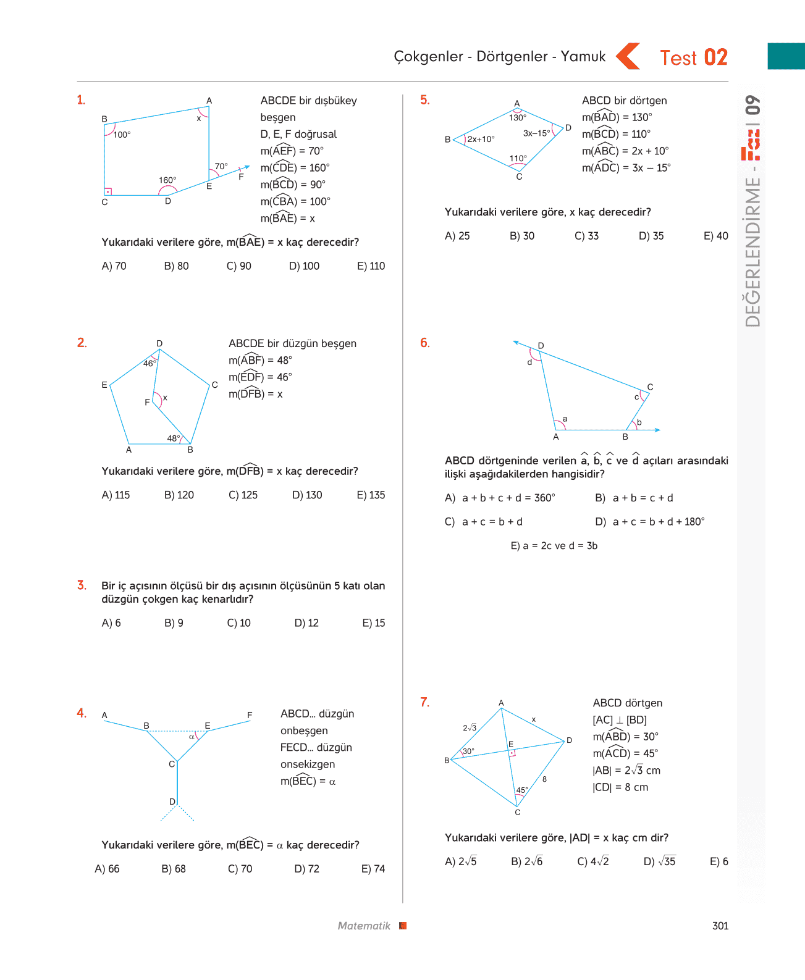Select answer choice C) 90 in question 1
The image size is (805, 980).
tap(239, 266)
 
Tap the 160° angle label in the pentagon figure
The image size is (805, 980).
tap(167, 180)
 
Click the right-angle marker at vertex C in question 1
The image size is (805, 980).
tap(108, 191)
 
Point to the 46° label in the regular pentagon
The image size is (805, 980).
tap(150, 363)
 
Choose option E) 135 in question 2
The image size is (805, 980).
tap(371, 495)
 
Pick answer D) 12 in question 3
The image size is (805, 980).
tap(306, 622)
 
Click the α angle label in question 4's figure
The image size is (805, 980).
tap(192, 737)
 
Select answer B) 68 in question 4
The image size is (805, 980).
tap(174, 868)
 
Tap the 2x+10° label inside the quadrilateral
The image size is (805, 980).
tap(481, 139)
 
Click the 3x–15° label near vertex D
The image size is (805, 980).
tap(536, 133)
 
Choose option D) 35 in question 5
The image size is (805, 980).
tap(651, 236)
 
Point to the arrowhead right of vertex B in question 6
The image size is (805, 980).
tap(657, 430)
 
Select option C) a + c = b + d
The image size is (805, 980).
tap(483, 522)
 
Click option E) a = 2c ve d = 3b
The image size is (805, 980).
tap(554, 545)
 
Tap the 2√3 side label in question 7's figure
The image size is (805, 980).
tap(470, 727)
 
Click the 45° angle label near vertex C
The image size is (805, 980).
tap(522, 790)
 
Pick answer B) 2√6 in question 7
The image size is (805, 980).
tap(526, 861)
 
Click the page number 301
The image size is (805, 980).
tap(720, 926)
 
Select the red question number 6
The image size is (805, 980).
tap(425, 343)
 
